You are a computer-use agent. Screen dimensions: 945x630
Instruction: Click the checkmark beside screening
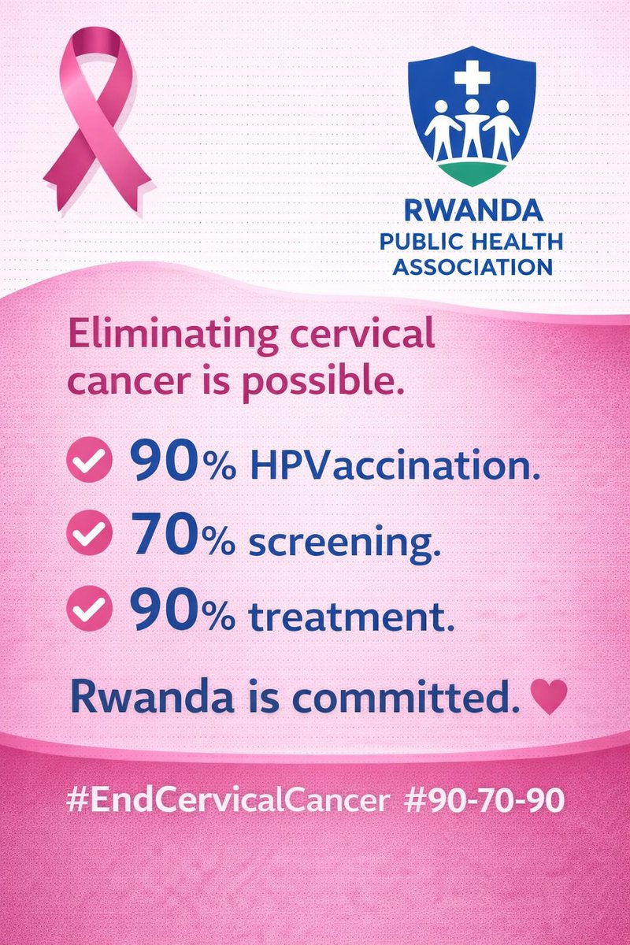(88, 538)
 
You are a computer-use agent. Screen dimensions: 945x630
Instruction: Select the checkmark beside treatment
(88, 612)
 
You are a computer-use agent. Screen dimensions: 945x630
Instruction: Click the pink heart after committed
(549, 696)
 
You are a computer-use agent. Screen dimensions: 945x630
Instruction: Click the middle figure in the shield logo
(472, 126)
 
